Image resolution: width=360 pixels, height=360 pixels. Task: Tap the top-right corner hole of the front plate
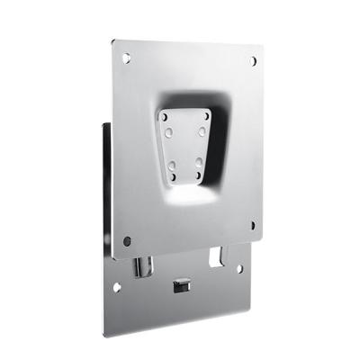(x=253, y=61)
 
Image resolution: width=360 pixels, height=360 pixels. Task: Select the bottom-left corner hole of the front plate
(x=127, y=240)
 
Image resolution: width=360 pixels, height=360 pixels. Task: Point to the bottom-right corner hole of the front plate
(x=252, y=225)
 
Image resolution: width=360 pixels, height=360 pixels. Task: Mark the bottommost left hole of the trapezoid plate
(x=171, y=164)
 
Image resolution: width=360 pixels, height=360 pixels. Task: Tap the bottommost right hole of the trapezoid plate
(x=200, y=161)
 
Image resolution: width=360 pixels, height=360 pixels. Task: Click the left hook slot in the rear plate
(x=138, y=267)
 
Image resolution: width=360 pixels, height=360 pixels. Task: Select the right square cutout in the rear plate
(x=217, y=256)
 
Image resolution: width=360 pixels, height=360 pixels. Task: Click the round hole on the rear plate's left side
(x=116, y=288)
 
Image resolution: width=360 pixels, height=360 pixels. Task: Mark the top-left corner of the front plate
(x=115, y=40)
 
